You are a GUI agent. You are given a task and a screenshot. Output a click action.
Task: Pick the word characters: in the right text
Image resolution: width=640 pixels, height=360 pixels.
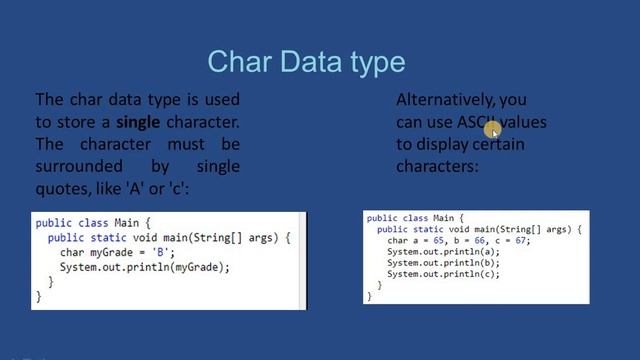[437, 165]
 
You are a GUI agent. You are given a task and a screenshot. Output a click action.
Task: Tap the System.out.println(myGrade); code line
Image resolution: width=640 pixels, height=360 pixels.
[144, 267]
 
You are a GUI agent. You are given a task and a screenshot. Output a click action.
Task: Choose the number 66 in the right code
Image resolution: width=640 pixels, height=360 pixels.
[476, 241]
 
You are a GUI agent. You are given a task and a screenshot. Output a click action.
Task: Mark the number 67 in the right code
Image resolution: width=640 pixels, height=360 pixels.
[516, 241]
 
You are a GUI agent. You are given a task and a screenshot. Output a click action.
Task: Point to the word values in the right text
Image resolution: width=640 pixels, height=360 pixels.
[523, 122]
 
